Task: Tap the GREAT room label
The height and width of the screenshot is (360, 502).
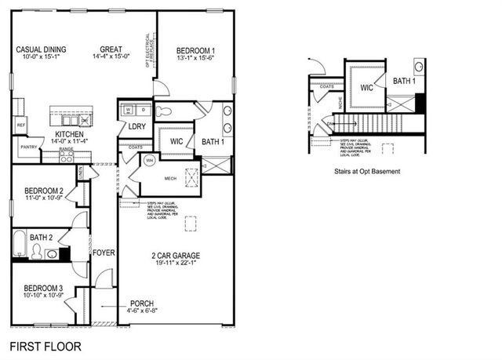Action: tap(111, 49)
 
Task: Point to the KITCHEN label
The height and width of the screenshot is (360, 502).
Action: tap(70, 134)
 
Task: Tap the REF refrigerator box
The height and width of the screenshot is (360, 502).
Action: tap(20, 124)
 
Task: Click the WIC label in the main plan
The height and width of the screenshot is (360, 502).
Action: tap(176, 140)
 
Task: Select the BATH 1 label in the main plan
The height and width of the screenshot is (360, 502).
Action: tap(213, 141)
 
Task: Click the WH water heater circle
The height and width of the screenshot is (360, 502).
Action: tap(149, 162)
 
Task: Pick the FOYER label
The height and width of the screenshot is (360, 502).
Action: tap(104, 253)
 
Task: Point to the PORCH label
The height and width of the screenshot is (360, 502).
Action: tap(143, 304)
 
